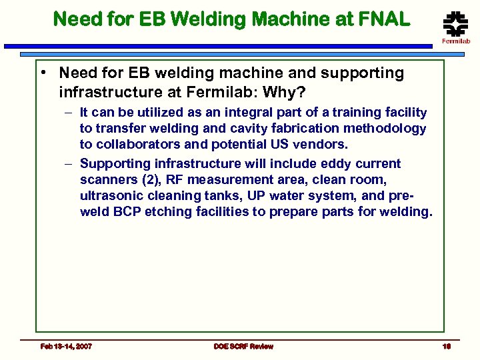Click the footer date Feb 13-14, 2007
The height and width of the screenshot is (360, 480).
[66, 346]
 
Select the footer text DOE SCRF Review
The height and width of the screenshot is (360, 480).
[243, 346]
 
